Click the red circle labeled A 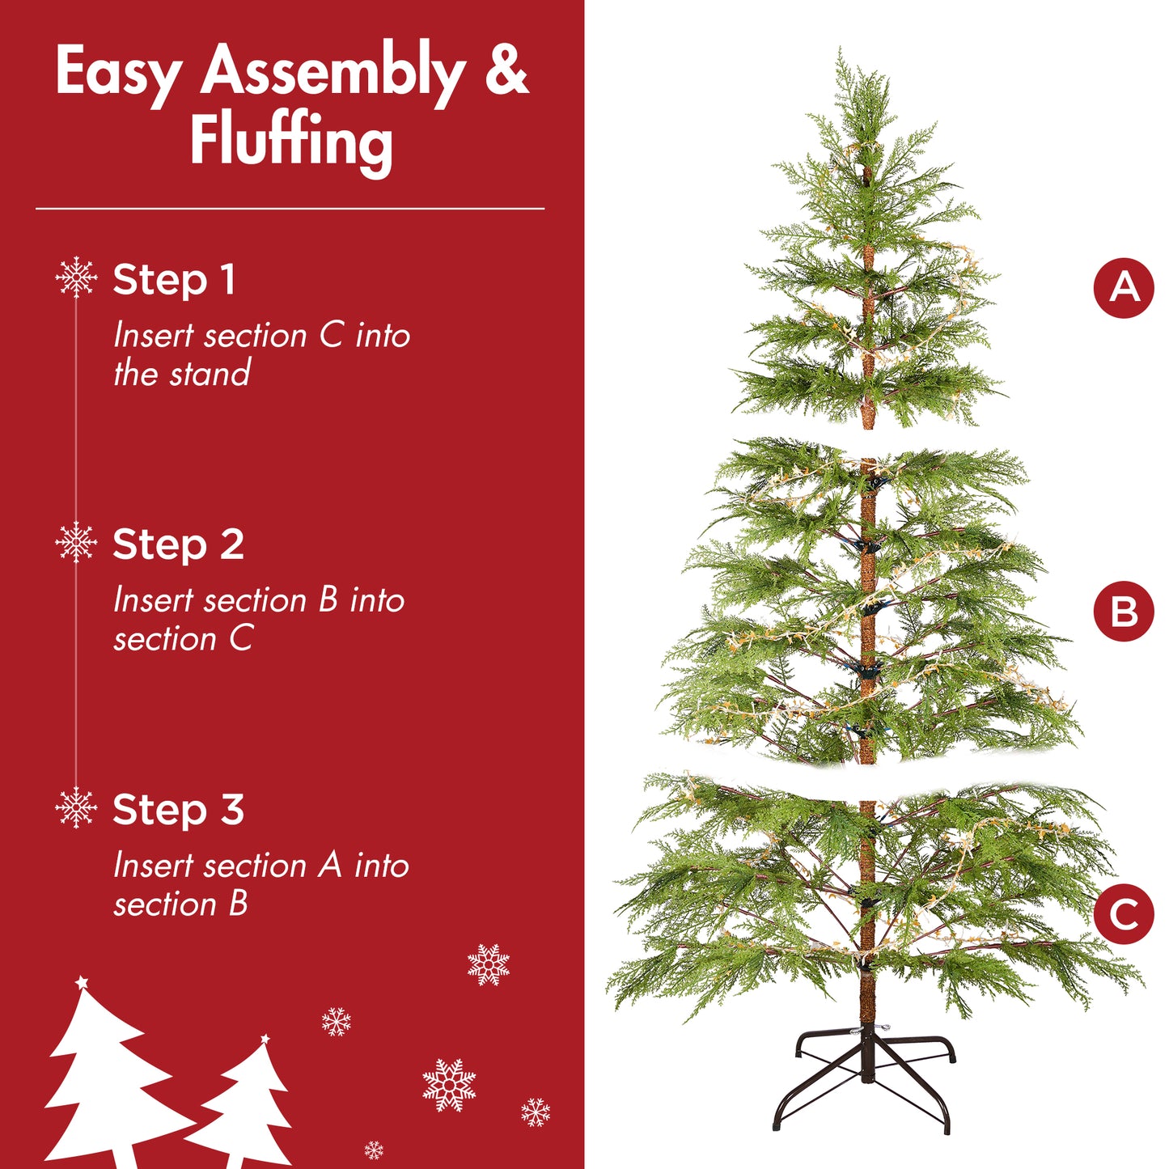pos(1123,288)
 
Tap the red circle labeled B pos(1123,612)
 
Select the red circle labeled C pos(1123,914)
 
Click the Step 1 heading pos(174,280)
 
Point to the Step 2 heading pos(178,544)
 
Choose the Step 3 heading pos(178,810)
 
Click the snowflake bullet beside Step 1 pos(76,277)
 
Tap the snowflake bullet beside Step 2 pos(76,542)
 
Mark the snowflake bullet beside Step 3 pos(76,807)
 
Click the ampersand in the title pos(506,71)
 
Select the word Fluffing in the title pos(291,142)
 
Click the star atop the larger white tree pos(81,983)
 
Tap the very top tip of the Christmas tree pos(841,53)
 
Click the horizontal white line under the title pos(290,209)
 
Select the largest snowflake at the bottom pos(449,1084)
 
